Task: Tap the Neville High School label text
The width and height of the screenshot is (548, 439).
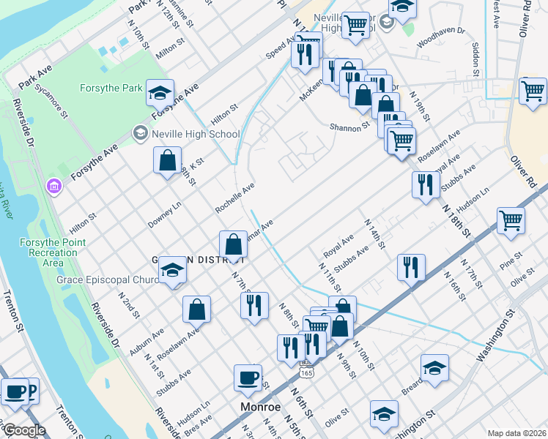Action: pyautogui.click(x=195, y=134)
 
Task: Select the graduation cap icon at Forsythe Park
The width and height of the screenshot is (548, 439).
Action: pyautogui.click(x=160, y=92)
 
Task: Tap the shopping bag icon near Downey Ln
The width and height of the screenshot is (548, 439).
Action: pyautogui.click(x=167, y=160)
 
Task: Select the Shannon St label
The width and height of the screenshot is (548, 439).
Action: pyautogui.click(x=349, y=126)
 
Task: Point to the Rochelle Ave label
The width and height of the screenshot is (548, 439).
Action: pyautogui.click(x=234, y=198)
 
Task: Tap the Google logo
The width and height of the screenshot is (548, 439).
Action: pyautogui.click(x=23, y=430)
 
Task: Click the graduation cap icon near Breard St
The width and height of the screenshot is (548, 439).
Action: pyautogui.click(x=434, y=368)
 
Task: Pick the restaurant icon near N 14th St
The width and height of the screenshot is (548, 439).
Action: pyautogui.click(x=411, y=267)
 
